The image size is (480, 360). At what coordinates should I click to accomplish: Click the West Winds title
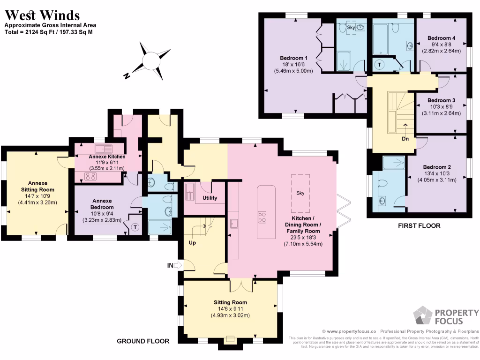point(42,15)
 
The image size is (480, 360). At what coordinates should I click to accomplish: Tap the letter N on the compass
point(126,75)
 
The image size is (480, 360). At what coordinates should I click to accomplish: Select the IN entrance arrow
point(174,266)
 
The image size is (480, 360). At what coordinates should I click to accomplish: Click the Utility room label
point(210,198)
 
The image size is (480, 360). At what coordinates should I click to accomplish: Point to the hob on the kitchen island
point(262,217)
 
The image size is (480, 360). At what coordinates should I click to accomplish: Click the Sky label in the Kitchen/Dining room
point(300,193)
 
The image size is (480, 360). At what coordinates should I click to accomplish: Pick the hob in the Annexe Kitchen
point(90,176)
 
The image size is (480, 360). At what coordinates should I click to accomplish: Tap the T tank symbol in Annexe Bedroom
point(135,227)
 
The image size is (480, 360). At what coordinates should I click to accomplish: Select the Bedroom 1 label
point(290,58)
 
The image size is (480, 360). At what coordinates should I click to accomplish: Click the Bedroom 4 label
point(441,38)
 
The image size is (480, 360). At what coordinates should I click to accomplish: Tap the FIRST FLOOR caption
point(419,225)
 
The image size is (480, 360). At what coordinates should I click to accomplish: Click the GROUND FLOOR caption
point(143,341)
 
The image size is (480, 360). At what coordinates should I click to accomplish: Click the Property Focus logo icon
point(423,316)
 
